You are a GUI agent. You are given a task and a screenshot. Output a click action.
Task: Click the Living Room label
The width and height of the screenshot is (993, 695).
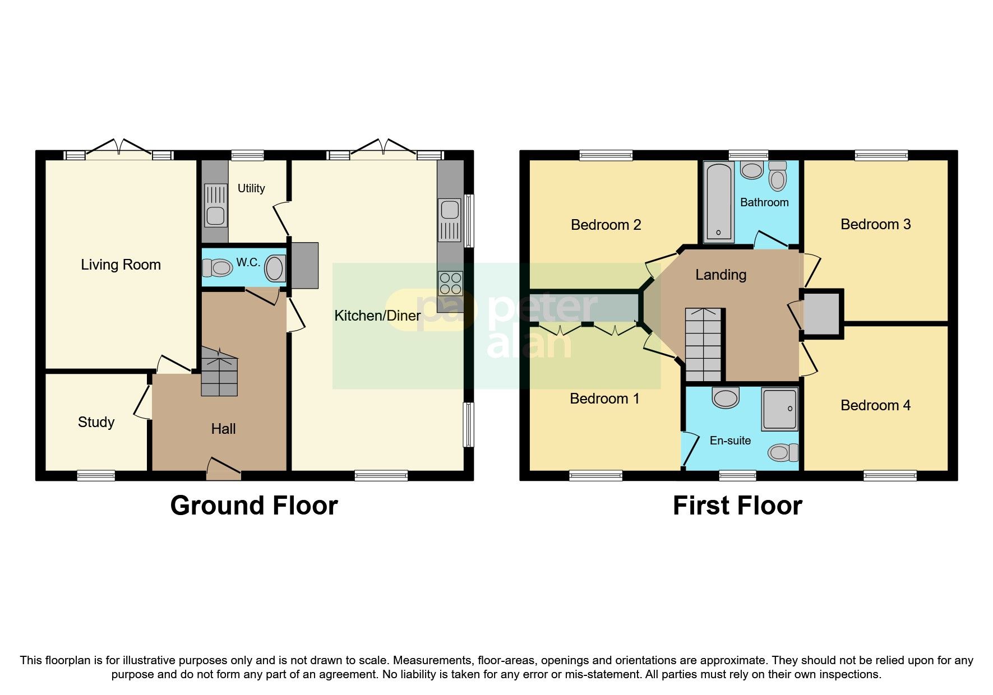[121, 265]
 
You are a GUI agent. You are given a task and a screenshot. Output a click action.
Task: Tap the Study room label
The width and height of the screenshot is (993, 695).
[96, 422]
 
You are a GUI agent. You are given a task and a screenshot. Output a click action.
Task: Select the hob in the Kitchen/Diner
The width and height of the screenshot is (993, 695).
[451, 283]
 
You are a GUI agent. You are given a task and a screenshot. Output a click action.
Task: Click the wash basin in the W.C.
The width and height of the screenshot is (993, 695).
[275, 268]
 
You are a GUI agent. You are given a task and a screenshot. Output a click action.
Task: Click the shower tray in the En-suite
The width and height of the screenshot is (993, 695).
[779, 409]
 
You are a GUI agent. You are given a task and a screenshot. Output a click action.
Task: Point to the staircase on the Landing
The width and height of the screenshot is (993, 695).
[703, 344]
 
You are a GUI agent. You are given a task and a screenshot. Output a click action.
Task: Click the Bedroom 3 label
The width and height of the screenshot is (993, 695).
[875, 224]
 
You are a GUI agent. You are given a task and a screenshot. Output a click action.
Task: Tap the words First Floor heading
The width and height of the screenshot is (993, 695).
[737, 506]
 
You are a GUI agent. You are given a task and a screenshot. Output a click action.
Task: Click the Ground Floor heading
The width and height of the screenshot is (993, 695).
[254, 506]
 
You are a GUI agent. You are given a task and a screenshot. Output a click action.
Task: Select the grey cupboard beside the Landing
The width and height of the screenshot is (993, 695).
[821, 313]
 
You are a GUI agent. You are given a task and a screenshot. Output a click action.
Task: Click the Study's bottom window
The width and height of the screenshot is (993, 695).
[96, 475]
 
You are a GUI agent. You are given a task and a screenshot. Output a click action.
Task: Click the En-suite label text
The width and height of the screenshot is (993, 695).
[730, 441]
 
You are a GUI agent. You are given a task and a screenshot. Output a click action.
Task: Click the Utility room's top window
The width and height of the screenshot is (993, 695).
[247, 155]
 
